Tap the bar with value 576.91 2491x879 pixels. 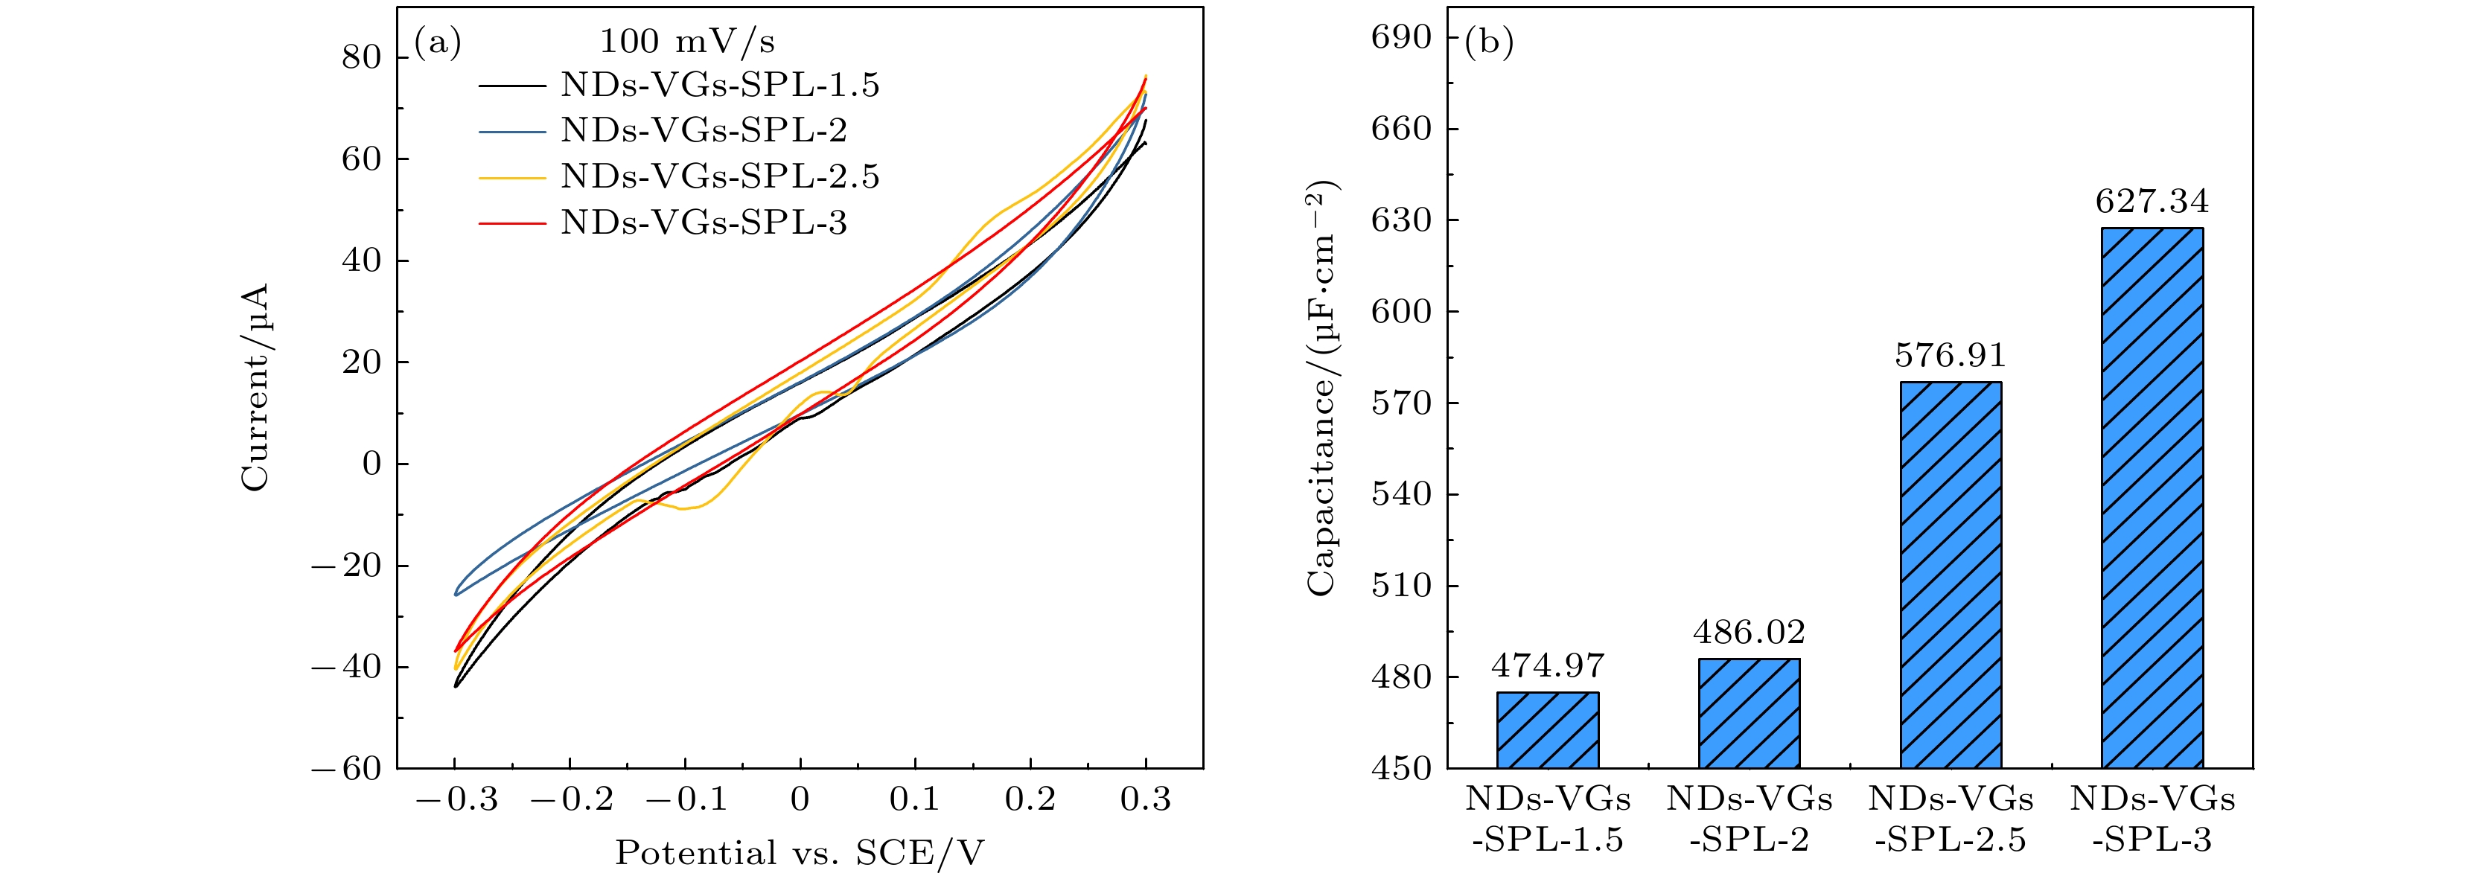(x=1951, y=575)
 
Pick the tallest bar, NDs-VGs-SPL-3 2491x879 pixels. (x=2152, y=497)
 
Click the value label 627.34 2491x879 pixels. (x=2152, y=201)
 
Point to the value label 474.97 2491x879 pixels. (x=1547, y=665)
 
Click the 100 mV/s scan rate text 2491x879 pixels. (x=686, y=42)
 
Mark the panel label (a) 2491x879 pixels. (x=437, y=42)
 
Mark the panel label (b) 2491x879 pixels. (x=1489, y=42)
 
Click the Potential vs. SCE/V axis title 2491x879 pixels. (x=799, y=853)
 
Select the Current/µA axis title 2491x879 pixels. (x=255, y=387)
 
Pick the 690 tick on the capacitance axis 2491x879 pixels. (x=1401, y=36)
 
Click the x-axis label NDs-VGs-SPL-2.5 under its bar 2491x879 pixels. (x=1951, y=819)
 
